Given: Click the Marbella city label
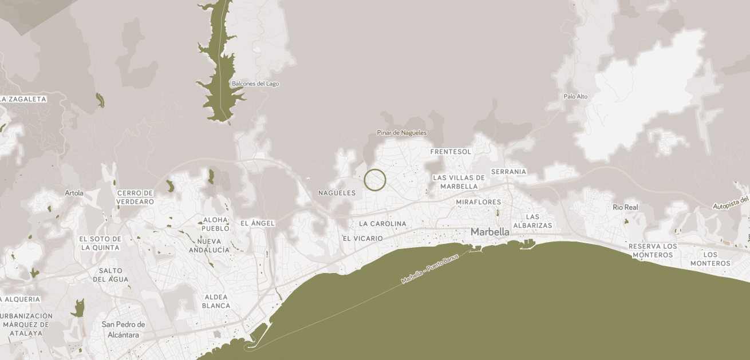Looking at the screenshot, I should (x=490, y=232).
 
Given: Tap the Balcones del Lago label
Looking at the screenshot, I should (x=255, y=84).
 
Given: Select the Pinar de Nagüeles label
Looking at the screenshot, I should (x=402, y=133).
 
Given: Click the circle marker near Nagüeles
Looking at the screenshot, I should (x=375, y=180).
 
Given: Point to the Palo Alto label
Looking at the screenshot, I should (x=575, y=97).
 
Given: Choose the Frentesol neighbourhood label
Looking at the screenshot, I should (x=451, y=152).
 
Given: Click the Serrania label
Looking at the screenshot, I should (x=508, y=172).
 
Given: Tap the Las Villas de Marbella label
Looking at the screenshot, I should (x=459, y=182).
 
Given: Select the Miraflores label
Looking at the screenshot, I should (x=479, y=202).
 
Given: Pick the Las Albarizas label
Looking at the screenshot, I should (x=532, y=221).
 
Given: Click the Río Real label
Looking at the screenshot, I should (x=625, y=207).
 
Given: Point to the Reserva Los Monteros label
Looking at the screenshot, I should (x=653, y=250).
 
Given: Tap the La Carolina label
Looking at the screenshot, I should (x=382, y=224).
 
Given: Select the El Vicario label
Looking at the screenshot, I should (x=363, y=238).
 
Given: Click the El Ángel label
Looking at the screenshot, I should (x=258, y=223).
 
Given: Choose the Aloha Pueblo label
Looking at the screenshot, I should (x=215, y=224).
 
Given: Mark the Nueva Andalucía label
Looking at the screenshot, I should (x=210, y=246).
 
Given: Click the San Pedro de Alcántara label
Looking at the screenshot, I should (x=123, y=329).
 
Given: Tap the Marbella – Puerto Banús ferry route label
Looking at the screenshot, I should (x=430, y=269).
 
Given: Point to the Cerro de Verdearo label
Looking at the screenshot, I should (x=135, y=197).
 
